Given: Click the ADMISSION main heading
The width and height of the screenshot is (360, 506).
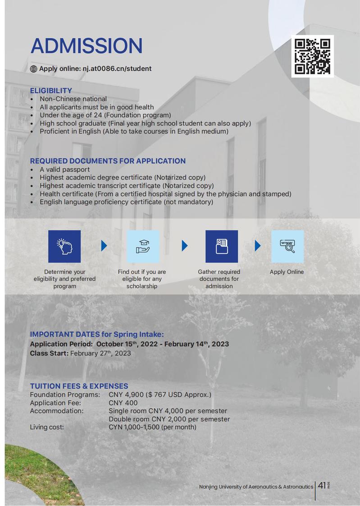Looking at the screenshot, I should pyautogui.click(x=86, y=46).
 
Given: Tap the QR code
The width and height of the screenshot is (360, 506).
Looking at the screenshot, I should pyautogui.click(x=312, y=56).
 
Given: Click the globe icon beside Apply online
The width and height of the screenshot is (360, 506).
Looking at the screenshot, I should pyautogui.click(x=33, y=69).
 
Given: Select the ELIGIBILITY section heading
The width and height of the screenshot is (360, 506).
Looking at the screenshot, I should pyautogui.click(x=51, y=91).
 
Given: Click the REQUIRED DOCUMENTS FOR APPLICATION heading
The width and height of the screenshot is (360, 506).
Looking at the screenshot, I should pyautogui.click(x=108, y=161).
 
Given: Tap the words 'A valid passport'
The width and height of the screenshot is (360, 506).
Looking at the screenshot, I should pyautogui.click(x=64, y=170).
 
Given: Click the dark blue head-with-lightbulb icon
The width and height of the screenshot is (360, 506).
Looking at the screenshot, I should pyautogui.click(x=64, y=246).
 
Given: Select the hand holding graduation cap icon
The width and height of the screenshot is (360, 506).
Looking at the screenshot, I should pyautogui.click(x=143, y=246).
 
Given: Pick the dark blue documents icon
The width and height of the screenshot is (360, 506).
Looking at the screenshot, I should pyautogui.click(x=221, y=246).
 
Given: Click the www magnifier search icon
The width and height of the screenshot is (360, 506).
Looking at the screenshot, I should pyautogui.click(x=287, y=246).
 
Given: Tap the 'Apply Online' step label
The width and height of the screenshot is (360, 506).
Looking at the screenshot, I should pyautogui.click(x=287, y=272).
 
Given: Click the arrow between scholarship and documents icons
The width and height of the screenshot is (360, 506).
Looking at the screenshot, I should pyautogui.click(x=184, y=246).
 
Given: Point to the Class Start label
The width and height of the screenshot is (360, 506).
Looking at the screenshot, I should pyautogui.click(x=49, y=353).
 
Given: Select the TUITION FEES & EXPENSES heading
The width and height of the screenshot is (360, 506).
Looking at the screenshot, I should pyautogui.click(x=79, y=386).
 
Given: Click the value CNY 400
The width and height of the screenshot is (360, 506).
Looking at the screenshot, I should pyautogui.click(x=123, y=403).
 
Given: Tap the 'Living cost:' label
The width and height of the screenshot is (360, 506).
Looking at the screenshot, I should pyautogui.click(x=47, y=427).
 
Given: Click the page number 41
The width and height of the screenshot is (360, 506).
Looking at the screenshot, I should pyautogui.click(x=322, y=486).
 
